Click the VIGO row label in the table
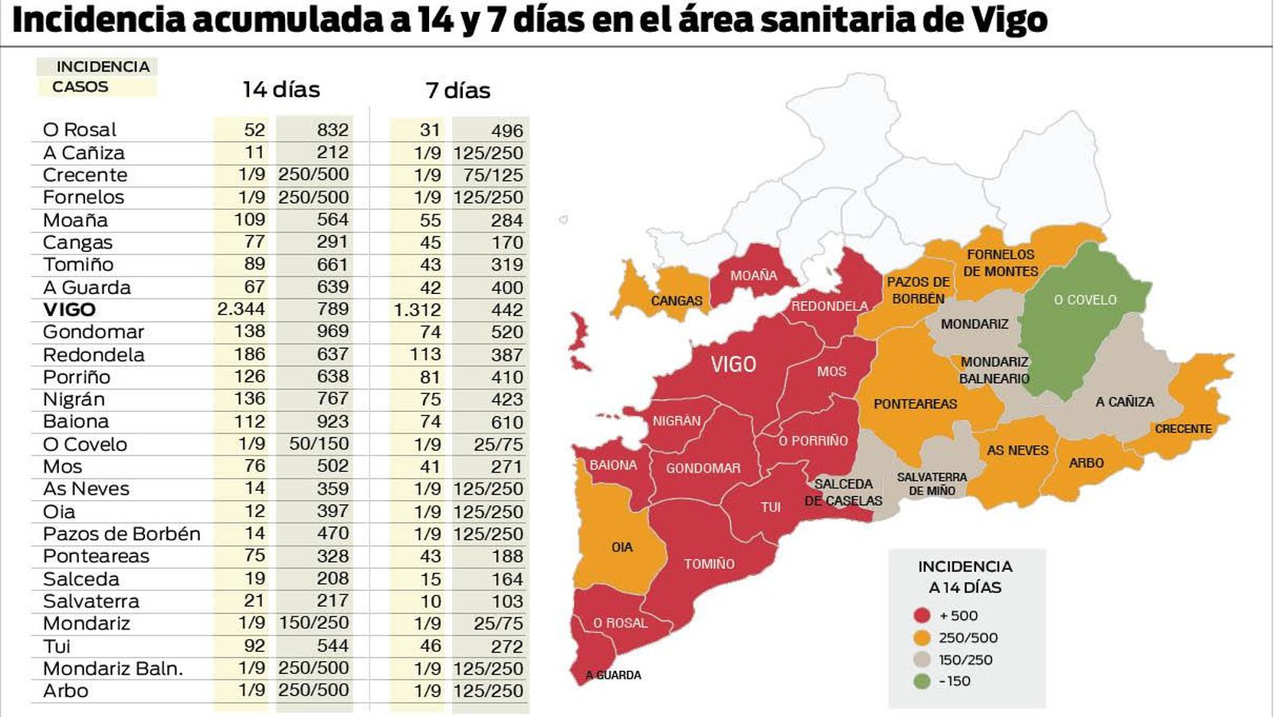point(69,310)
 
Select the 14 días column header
point(281,89)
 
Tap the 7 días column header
point(458,90)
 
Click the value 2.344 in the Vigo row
point(241,309)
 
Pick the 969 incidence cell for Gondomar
point(332,331)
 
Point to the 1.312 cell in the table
point(417,310)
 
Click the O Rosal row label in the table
point(80,129)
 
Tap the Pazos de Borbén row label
point(121,534)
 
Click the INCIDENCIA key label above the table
point(103,67)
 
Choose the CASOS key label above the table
point(80,87)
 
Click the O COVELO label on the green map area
point(1085,300)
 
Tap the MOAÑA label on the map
point(753,276)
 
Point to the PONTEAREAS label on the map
point(915,404)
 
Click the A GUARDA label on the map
point(613,675)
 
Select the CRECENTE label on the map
point(1183,429)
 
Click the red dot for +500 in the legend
point(922,615)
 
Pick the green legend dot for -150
point(922,681)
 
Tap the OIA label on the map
point(622,547)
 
